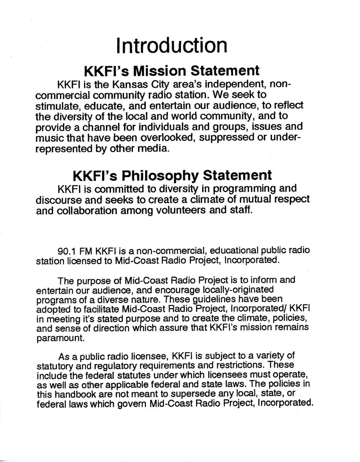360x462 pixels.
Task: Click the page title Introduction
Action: (171, 45)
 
